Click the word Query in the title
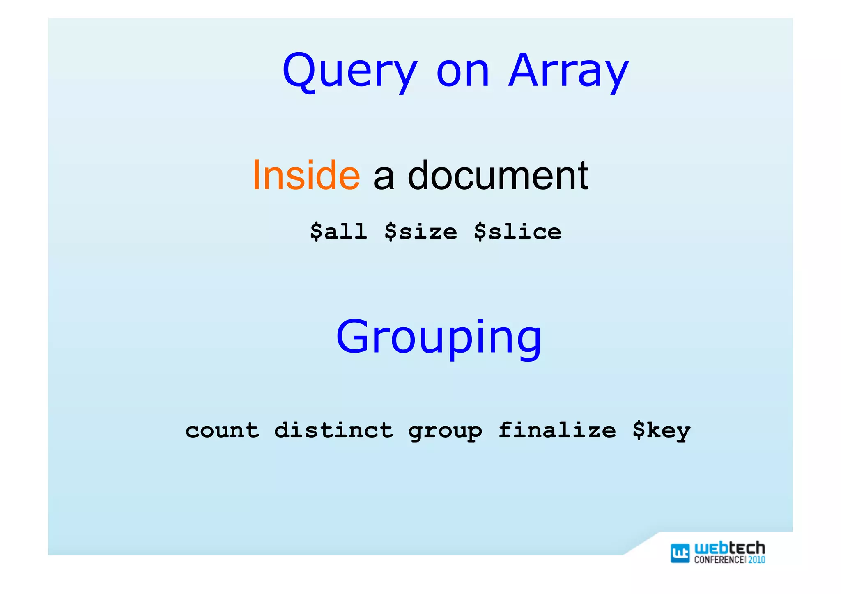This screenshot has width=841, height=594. [350, 71]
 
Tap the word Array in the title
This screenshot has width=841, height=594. [568, 71]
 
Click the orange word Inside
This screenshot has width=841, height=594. [306, 175]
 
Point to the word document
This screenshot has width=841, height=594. [498, 175]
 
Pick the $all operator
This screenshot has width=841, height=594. [338, 232]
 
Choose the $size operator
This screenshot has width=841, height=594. [420, 232]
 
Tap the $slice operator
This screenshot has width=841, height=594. [517, 232]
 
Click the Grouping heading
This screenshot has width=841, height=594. [439, 337]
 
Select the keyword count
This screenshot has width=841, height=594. [222, 430]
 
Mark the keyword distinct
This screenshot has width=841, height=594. [333, 430]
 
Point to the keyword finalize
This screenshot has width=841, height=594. [557, 430]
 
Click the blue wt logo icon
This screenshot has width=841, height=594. [680, 553]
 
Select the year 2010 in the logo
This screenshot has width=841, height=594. [756, 560]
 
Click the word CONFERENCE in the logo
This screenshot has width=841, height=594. [719, 560]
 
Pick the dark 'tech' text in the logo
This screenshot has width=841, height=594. [747, 548]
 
